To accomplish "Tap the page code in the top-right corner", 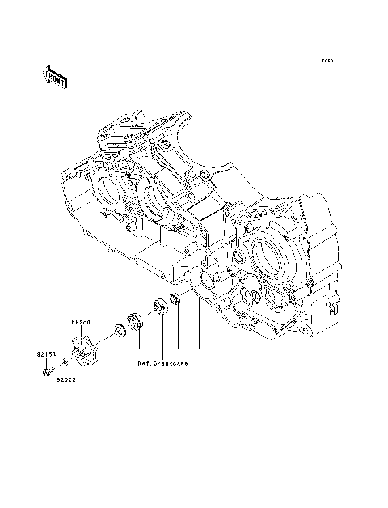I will click(x=327, y=61).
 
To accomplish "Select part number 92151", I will click(x=44, y=353).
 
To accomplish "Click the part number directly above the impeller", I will click(x=79, y=322).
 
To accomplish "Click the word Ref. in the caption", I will click(x=145, y=363).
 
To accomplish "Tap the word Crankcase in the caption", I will click(x=172, y=363).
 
